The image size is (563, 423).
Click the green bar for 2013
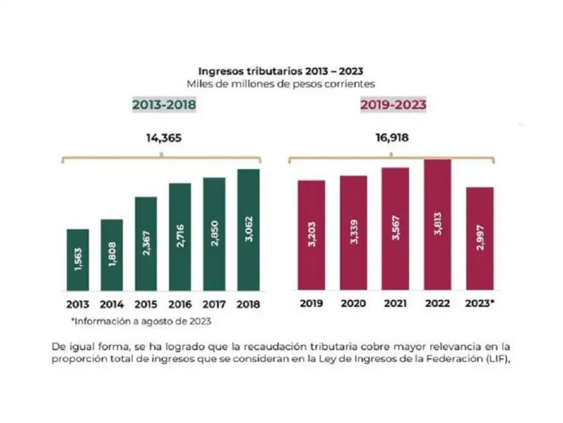(77, 259)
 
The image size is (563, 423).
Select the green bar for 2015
(146, 243)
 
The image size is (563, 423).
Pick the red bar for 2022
(437, 225)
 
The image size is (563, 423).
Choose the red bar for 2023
(479, 238)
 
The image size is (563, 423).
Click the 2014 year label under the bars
(112, 305)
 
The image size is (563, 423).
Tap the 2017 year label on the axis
(214, 305)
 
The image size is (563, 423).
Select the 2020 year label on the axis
(353, 304)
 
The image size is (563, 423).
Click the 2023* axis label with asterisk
(480, 304)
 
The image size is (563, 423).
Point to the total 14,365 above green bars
(164, 138)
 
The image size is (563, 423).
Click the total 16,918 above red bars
(392, 138)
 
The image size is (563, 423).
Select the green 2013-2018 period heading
(164, 105)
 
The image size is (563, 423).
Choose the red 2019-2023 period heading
(393, 105)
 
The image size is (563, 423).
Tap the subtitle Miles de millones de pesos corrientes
(281, 84)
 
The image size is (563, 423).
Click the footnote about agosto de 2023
(141, 322)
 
